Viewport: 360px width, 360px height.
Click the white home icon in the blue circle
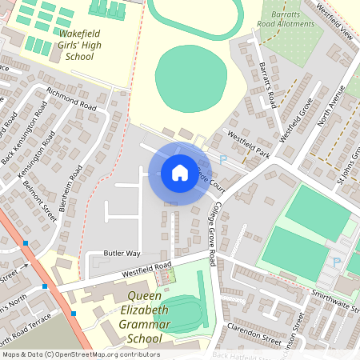(179, 173)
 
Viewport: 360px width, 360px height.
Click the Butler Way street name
(122, 253)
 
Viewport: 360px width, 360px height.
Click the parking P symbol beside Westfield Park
(223, 160)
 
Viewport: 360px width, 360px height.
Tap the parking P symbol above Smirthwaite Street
(336, 262)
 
